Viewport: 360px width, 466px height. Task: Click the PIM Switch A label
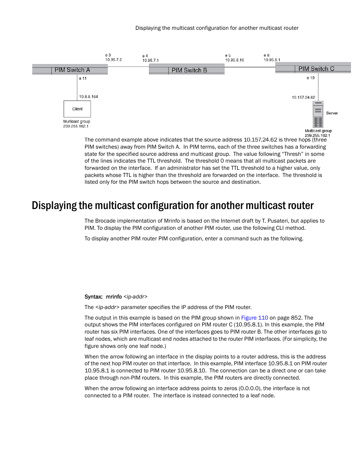coord(72,70)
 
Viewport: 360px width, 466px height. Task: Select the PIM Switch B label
coord(189,70)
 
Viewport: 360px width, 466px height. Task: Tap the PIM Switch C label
coord(316,69)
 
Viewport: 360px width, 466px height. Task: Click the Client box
coord(77,109)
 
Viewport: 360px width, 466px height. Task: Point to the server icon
coord(318,114)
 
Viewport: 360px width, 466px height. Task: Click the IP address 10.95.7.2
coord(113,60)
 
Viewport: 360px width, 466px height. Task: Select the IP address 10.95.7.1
coord(150,60)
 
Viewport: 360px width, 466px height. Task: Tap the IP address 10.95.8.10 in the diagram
coord(234,60)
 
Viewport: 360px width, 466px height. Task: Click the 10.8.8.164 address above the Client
coord(88,97)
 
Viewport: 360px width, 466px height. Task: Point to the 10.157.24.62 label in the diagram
coord(303,97)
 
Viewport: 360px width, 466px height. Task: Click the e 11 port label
coord(83,78)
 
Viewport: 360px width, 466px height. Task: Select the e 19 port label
coord(310,78)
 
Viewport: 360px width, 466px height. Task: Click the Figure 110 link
coord(254,318)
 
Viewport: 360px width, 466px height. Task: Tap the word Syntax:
coord(93,297)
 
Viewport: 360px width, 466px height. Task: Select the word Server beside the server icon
coord(332,113)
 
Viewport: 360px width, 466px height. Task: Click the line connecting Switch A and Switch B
coord(128,67)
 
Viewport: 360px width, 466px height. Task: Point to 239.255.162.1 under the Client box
coord(75,126)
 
